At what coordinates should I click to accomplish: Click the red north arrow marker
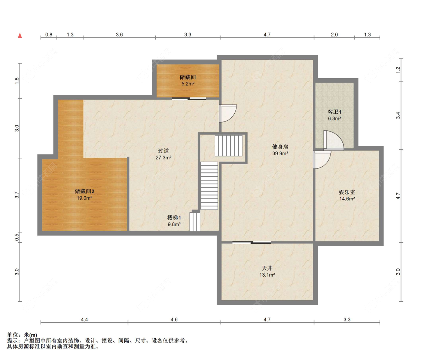(20, 36)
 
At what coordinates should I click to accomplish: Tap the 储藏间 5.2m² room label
(188, 80)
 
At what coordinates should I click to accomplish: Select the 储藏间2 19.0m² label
(84, 194)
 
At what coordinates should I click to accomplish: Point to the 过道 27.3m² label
(163, 154)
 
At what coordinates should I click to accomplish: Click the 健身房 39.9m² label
(280, 150)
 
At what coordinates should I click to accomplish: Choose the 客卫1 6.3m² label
(334, 115)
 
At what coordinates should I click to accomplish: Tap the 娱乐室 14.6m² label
(347, 195)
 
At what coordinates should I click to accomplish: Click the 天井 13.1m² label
(267, 271)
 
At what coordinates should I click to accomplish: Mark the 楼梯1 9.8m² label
(174, 221)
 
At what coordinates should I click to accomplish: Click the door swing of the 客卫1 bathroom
(334, 140)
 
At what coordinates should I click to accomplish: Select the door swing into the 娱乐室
(322, 160)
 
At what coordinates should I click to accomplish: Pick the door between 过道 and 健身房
(228, 113)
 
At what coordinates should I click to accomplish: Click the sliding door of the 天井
(251, 243)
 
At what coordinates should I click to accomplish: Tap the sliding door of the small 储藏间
(189, 98)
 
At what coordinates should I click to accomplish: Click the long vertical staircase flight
(209, 186)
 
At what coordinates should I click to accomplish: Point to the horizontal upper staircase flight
(229, 145)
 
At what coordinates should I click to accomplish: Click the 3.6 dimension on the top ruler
(119, 35)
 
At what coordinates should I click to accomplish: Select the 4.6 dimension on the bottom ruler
(174, 320)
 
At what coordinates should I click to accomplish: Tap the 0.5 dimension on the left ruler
(17, 237)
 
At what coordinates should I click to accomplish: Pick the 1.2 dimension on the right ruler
(398, 70)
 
